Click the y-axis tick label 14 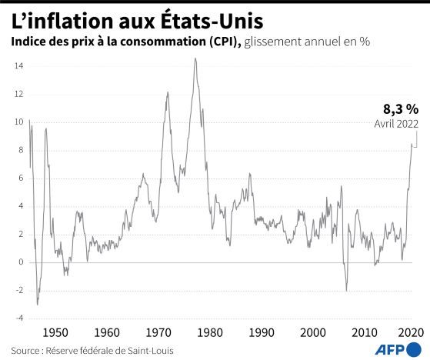pos(19,66)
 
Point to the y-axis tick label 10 pos(19,122)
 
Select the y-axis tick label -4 pos(19,318)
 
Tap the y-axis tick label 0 pos(21,262)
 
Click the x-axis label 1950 pos(55,333)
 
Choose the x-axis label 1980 pos(210,333)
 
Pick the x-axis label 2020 pos(411,333)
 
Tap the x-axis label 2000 pos(313,333)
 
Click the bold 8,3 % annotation pos(401,109)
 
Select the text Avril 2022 pos(397,124)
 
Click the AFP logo pos(398,350)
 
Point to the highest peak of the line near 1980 pos(195,58)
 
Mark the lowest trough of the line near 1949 pos(37,305)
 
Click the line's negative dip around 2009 pos(346,291)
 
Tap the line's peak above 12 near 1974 pos(168,92)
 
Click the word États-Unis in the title pos(212,22)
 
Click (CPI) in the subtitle pos(225,42)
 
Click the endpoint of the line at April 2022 pos(412,144)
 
